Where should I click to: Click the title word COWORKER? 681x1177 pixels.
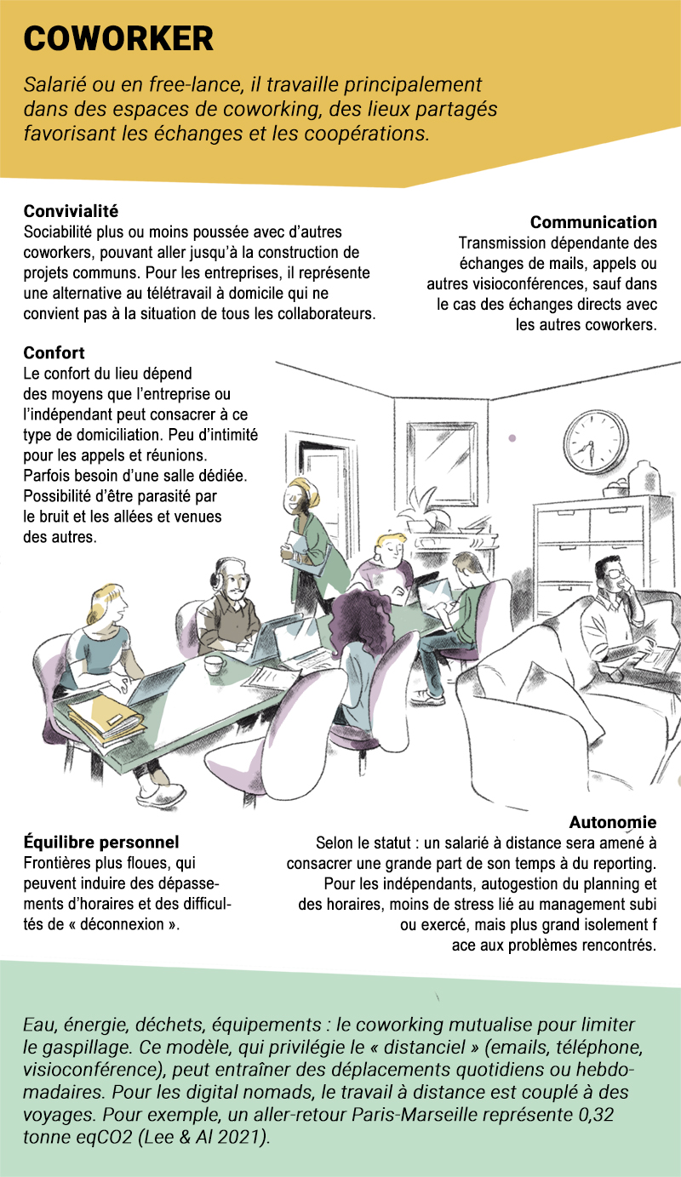(118, 38)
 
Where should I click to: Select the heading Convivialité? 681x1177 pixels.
(71, 211)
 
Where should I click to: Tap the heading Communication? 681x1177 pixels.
(593, 222)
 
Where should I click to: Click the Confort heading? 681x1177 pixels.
(54, 352)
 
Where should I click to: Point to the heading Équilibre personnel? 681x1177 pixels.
(101, 842)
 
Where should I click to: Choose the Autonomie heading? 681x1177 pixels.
(613, 822)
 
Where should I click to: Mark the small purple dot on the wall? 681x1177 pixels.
(512, 437)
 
